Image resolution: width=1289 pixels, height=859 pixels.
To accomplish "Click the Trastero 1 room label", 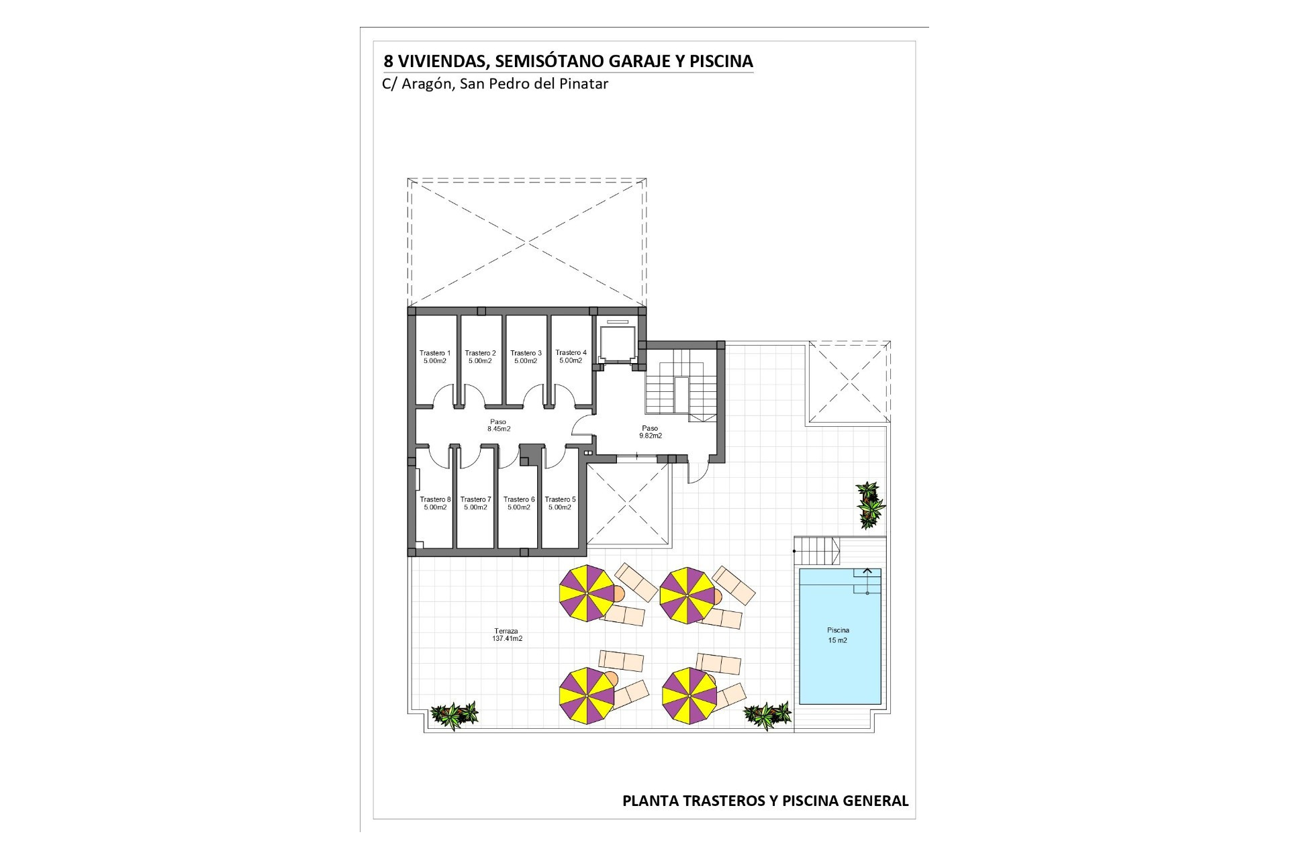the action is click(x=435, y=357).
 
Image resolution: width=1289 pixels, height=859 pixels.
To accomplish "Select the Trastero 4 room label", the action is click(x=571, y=356).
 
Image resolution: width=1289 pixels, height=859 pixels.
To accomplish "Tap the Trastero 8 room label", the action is click(x=435, y=503).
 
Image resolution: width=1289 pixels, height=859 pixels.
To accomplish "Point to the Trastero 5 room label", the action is click(x=560, y=503).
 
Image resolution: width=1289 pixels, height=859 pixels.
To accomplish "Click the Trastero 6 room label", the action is click(x=519, y=503).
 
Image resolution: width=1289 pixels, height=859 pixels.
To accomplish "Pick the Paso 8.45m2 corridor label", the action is click(x=499, y=425).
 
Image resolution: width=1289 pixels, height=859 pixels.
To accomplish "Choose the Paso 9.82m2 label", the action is click(x=650, y=432).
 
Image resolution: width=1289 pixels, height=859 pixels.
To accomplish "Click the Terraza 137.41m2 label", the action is click(x=507, y=635).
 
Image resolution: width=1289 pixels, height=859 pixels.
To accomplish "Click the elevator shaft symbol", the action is click(x=617, y=343).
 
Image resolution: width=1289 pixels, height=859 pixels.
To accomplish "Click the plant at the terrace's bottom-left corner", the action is click(x=455, y=715).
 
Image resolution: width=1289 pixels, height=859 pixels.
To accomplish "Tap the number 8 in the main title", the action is click(x=388, y=62).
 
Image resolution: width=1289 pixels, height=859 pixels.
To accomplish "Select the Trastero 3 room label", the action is click(x=526, y=357).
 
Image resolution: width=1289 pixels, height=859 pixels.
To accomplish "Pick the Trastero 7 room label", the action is click(x=475, y=503).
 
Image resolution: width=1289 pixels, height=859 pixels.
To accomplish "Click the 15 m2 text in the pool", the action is click(x=837, y=640).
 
